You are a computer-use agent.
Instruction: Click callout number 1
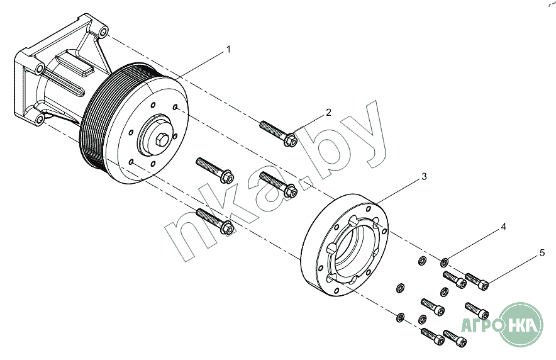228,49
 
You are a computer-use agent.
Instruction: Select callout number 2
328,113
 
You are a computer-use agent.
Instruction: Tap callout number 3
424,177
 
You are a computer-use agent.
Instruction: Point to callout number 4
503,226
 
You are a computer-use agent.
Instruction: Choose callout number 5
542,253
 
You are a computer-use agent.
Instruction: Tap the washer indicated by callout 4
444,261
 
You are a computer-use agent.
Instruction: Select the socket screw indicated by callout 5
476,281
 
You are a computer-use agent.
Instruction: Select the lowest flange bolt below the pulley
215,222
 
